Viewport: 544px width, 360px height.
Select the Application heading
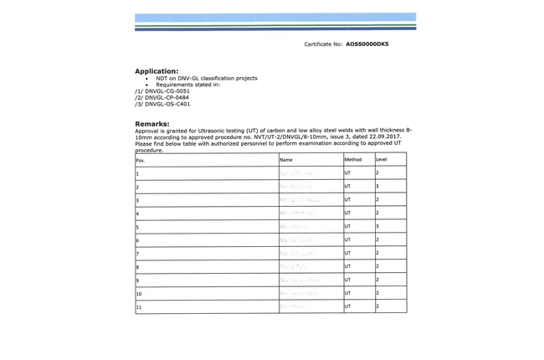coord(157,71)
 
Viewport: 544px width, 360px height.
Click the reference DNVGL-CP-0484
coord(167,98)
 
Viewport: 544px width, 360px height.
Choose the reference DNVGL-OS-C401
coord(167,105)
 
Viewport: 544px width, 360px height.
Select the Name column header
coord(286,159)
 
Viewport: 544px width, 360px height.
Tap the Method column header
coord(353,159)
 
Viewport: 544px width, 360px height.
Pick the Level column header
coord(382,159)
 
